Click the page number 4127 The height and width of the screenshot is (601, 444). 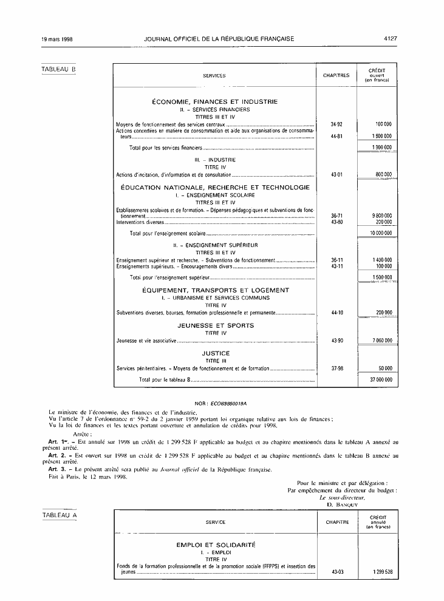[x=390, y=39]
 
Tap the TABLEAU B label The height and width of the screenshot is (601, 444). [x=59, y=69]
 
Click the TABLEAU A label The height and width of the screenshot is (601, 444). [x=59, y=515]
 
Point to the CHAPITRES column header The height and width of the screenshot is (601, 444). [x=336, y=76]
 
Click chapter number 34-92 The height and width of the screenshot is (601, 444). [x=336, y=124]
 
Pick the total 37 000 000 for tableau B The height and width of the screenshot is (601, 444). [x=381, y=379]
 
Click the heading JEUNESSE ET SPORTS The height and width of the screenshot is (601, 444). [x=216, y=325]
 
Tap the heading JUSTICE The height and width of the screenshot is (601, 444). [x=216, y=353]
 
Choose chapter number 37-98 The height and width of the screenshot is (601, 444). [x=336, y=368]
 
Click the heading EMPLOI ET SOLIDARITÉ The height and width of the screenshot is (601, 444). [x=216, y=545]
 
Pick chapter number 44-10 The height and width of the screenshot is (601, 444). [x=336, y=313]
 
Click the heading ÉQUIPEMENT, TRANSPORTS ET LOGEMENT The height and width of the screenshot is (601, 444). [x=216, y=290]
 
